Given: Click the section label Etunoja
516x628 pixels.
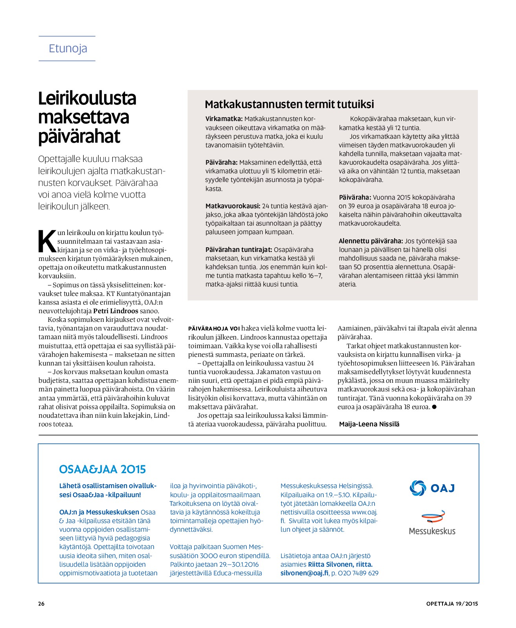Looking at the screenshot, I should coord(68,49).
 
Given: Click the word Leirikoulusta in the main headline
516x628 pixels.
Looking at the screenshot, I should coord(87,98).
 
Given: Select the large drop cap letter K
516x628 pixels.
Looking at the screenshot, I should coord(47,241).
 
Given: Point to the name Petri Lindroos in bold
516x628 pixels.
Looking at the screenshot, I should coord(116,311).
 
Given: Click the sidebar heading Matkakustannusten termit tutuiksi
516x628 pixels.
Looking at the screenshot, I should coord(289,104).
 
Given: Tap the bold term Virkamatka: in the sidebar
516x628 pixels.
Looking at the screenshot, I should coord(224,119).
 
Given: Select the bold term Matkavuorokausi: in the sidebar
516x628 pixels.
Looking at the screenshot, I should coord(233,206).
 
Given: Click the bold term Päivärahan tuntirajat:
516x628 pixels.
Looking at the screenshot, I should coord(239,250).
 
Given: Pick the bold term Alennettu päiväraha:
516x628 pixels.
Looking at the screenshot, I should coord(371,241).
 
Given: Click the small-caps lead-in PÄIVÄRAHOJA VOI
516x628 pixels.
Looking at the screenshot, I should coord(214,329).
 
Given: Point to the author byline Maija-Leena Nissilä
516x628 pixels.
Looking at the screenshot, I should coord(369,424).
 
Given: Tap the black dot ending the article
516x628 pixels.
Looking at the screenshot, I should coord(434,407).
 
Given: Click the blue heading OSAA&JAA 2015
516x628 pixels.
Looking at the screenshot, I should coord(102,469).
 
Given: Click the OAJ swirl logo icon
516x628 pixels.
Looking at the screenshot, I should coord(417,488).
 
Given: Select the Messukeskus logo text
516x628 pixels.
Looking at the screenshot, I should coord(432,531).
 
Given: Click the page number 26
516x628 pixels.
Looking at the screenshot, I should coord(41,604).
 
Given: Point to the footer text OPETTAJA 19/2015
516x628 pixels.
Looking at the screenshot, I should coord(452,604).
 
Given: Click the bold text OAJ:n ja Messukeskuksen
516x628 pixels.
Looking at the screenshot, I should coord(99,512).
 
